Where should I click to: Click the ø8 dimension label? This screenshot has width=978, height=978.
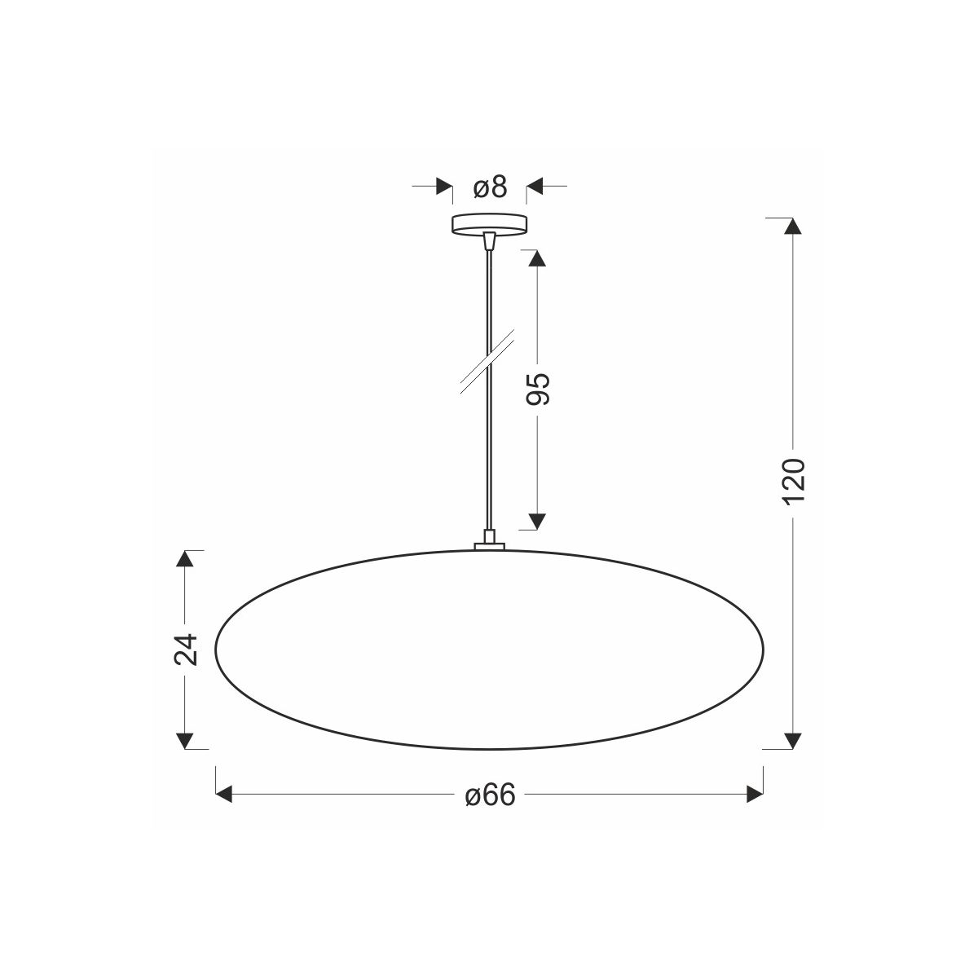[490, 187]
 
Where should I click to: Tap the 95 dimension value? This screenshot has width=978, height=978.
[538, 389]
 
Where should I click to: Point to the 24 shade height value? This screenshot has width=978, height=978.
[185, 649]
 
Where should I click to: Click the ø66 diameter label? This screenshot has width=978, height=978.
[490, 795]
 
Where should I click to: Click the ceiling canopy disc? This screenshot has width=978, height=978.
[490, 224]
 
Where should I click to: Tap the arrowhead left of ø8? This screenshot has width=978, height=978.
[445, 187]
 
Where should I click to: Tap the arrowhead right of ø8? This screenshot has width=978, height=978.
[535, 187]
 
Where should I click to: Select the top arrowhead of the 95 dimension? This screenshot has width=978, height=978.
[537, 258]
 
